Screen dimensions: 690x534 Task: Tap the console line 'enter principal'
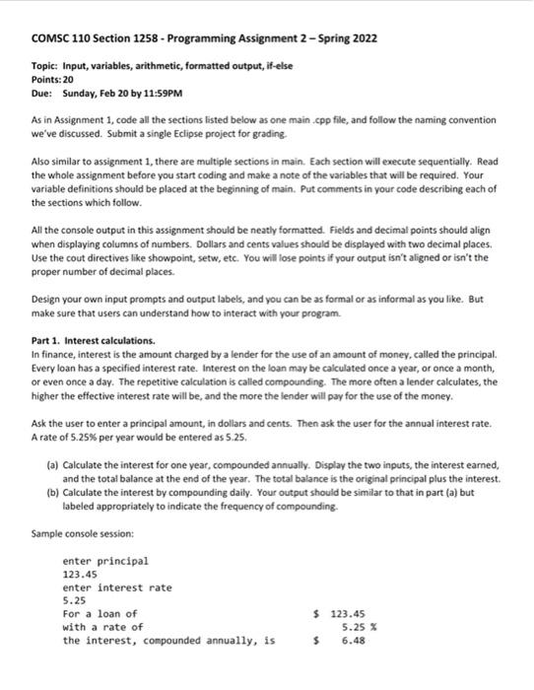(105, 561)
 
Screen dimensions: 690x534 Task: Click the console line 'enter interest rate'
(116, 587)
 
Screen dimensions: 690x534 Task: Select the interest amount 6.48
(352, 640)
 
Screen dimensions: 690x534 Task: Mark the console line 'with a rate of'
(102, 626)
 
